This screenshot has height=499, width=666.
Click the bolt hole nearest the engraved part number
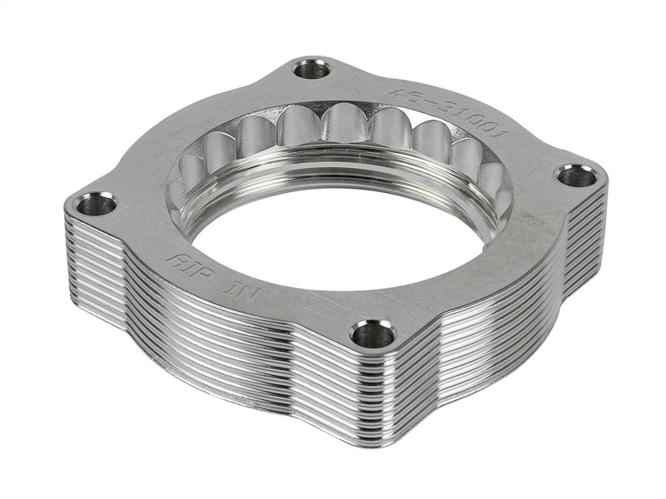point(312,69)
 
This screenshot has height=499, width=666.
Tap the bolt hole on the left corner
point(98,203)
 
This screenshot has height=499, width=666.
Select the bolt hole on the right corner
point(576,175)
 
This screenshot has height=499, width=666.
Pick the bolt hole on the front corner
point(372,334)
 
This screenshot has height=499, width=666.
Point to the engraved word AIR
point(186,264)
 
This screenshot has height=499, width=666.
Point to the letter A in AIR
point(174,259)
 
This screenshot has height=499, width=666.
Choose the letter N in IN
point(234,285)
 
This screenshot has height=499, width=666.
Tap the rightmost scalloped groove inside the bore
point(491,179)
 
